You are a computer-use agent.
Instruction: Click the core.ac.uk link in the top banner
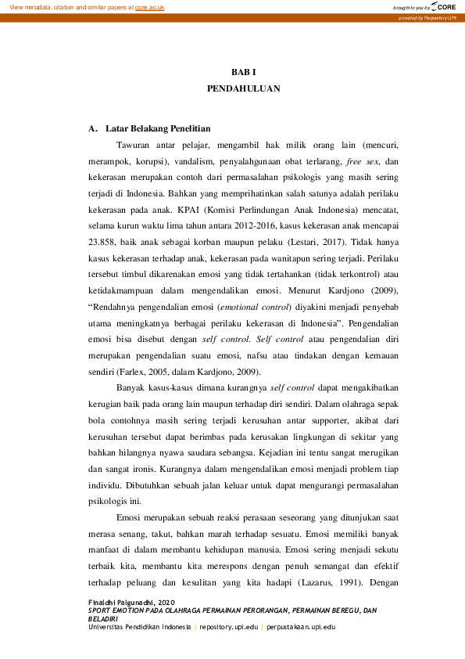tap(151, 6)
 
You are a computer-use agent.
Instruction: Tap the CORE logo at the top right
tap(444, 7)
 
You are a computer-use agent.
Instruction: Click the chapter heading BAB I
tap(243, 71)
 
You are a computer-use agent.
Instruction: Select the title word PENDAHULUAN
tap(243, 89)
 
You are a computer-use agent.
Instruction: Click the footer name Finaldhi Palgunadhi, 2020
tap(132, 602)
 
